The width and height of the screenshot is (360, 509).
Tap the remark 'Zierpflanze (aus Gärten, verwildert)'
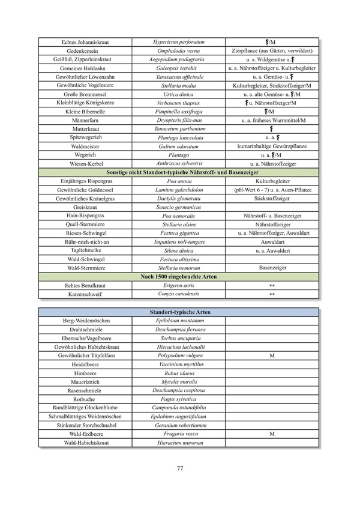pos(271,51)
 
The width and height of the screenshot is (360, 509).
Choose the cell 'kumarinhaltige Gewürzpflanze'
pos(271,146)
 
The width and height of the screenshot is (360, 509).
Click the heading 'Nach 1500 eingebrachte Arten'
pos(179,276)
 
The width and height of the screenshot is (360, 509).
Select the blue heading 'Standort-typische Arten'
pos(179,313)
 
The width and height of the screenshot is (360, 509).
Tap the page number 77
pos(179,468)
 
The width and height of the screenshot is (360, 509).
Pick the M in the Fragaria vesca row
pos(271,433)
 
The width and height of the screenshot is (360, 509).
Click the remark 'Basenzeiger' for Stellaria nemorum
pos(271,268)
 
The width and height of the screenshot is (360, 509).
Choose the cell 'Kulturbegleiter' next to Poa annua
pos(271,181)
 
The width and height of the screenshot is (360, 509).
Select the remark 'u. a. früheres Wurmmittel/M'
pos(271,120)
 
